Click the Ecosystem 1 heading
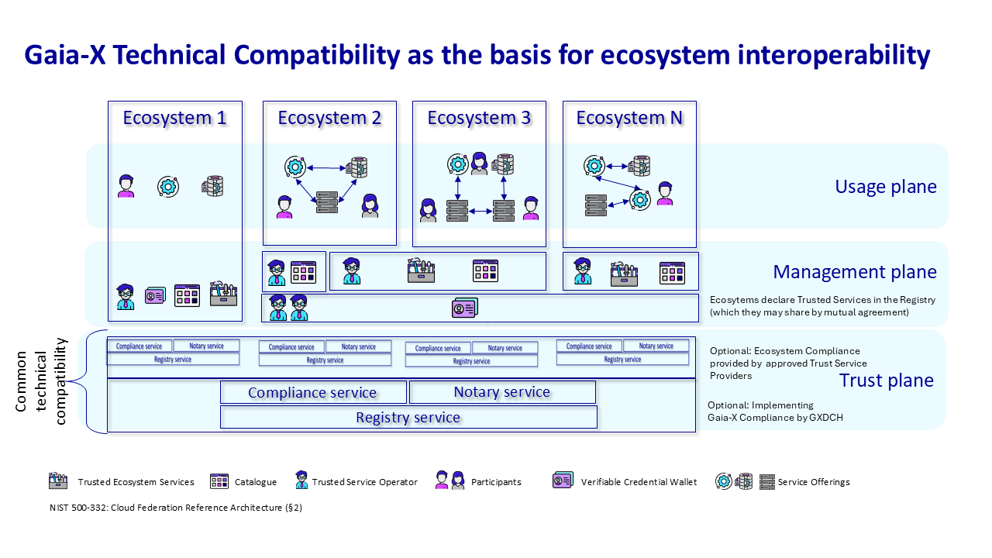[x=174, y=118]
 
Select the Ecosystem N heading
[x=629, y=118]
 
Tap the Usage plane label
[x=886, y=187]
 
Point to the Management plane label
[x=855, y=272]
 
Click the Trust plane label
[x=887, y=381]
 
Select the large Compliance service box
[x=312, y=393]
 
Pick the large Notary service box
[x=502, y=392]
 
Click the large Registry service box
[x=408, y=418]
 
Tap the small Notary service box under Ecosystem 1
[x=206, y=346]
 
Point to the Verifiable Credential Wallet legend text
[x=639, y=482]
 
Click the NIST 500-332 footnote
[x=175, y=508]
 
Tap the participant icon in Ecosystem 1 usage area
[x=126, y=186]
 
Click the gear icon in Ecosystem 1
[x=168, y=186]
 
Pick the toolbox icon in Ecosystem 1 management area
[x=223, y=295]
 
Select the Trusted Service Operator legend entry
[x=364, y=482]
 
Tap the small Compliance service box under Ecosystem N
[x=589, y=346]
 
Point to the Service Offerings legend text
[x=814, y=482]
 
